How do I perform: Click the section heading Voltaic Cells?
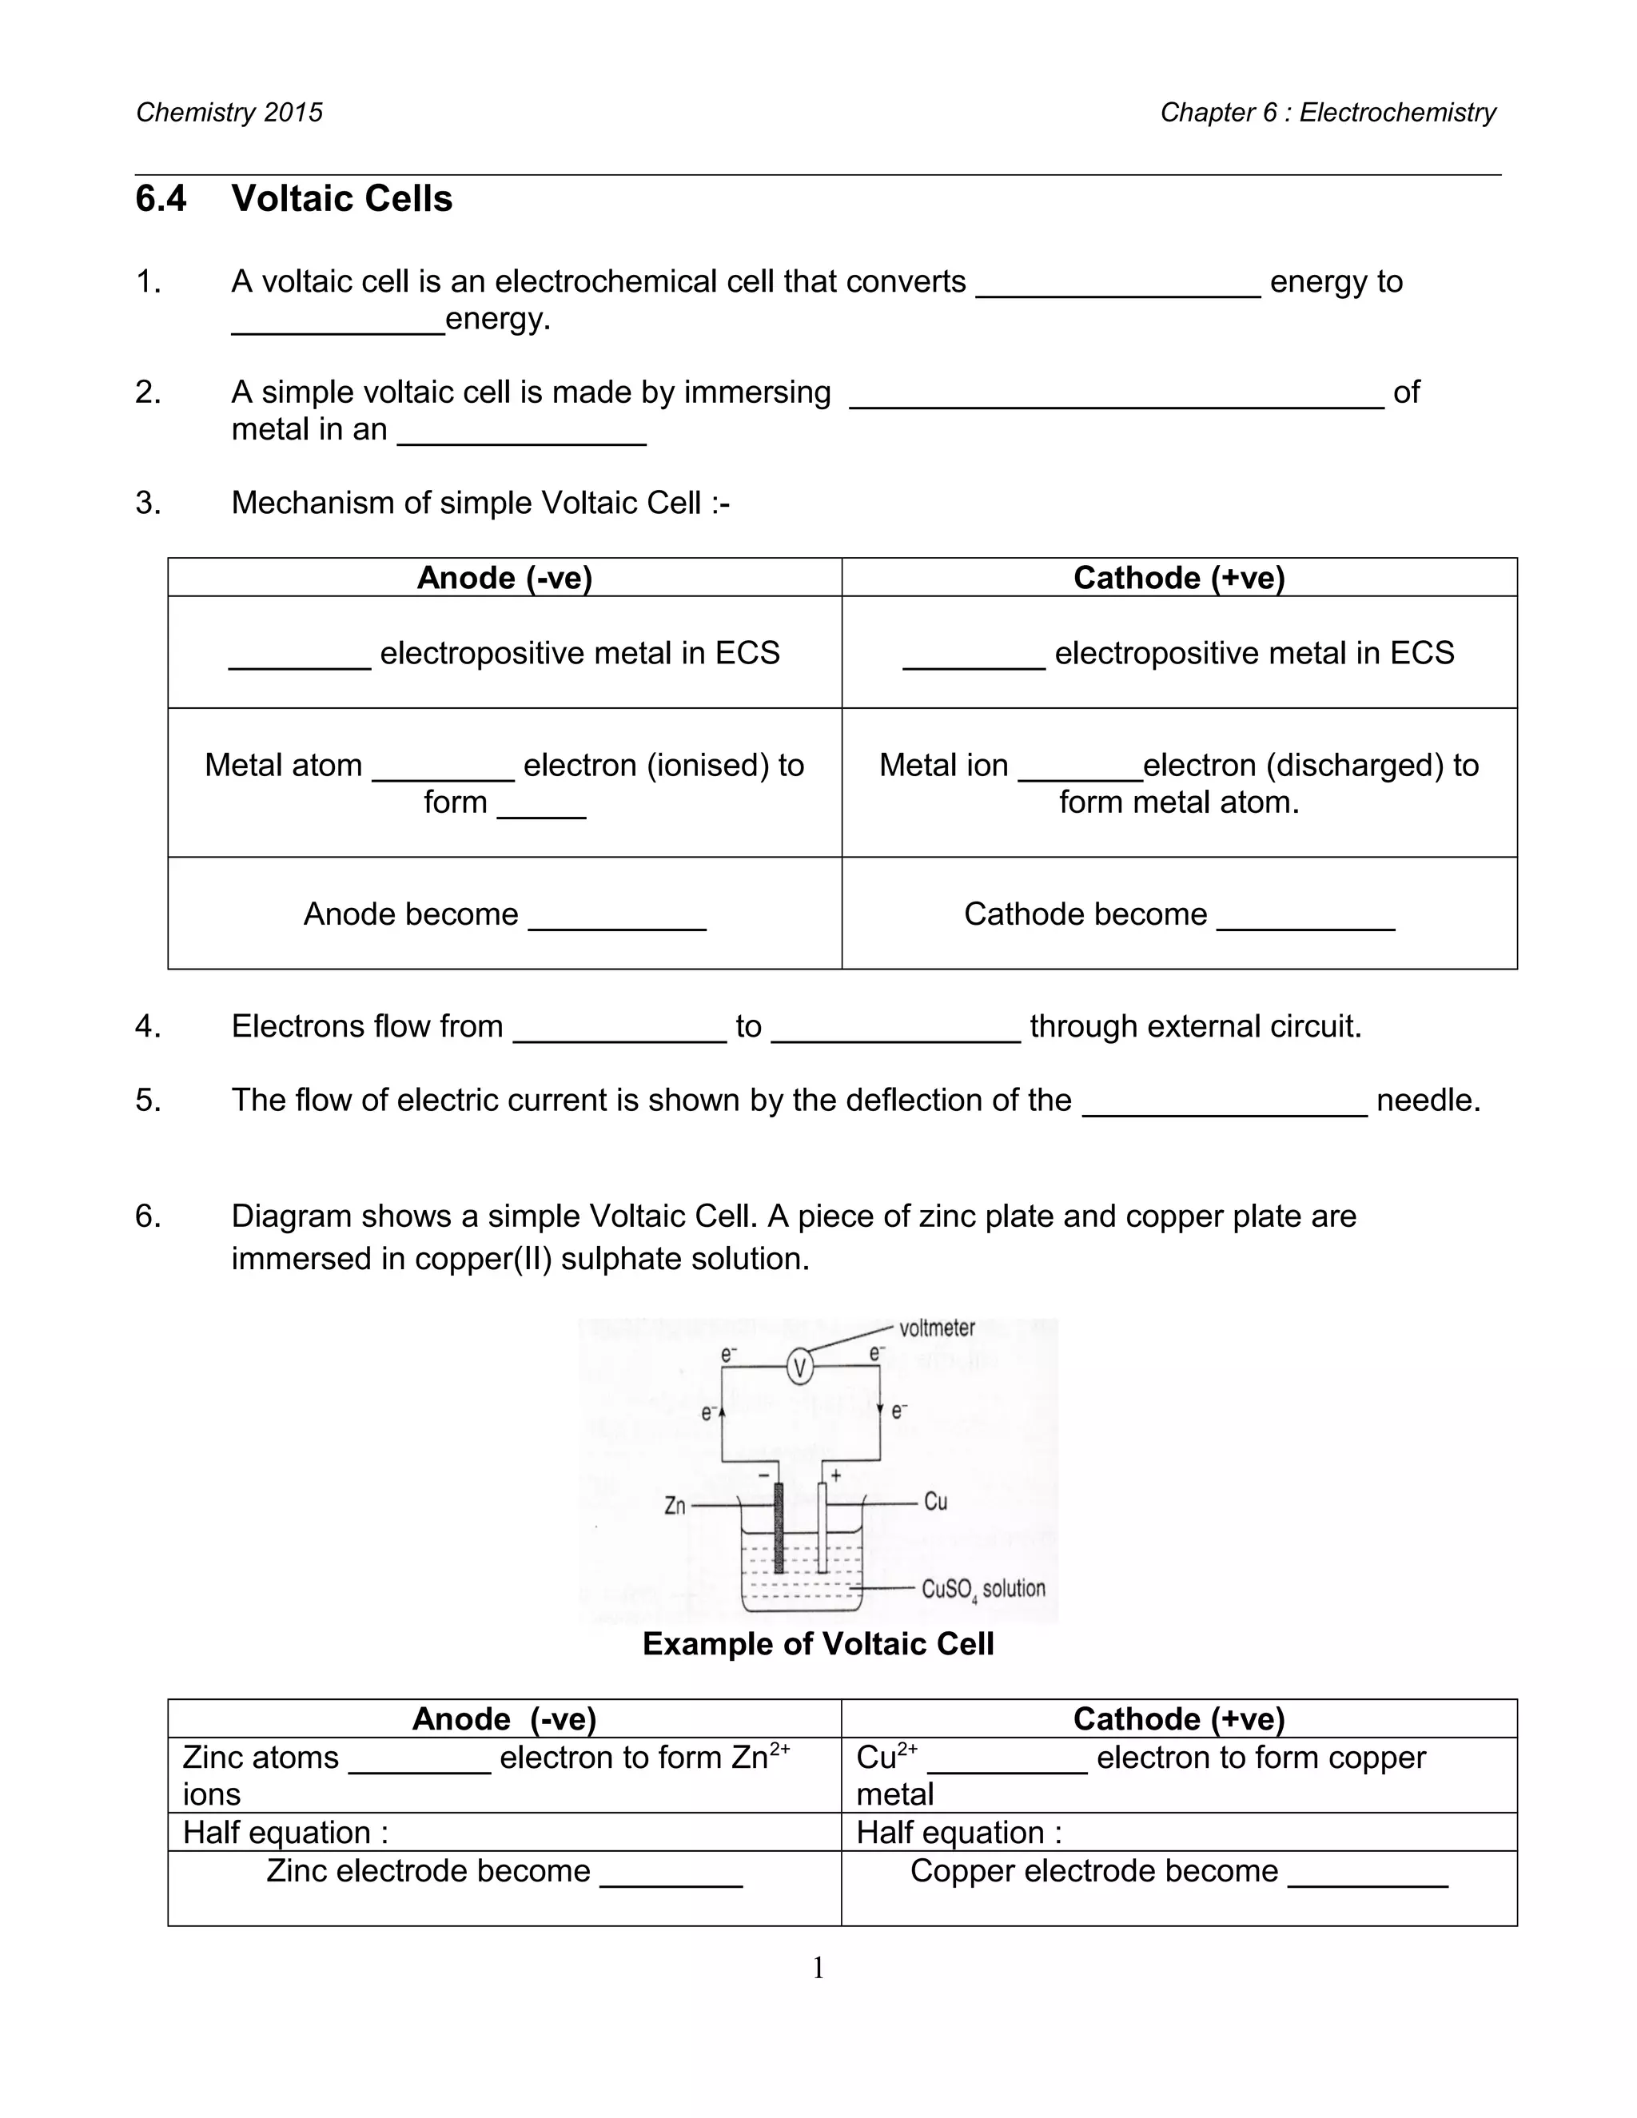click(341, 199)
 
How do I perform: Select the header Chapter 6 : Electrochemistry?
click(1328, 113)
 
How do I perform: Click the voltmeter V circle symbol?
click(799, 1368)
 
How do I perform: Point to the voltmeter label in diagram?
click(937, 1328)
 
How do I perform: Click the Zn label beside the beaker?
click(675, 1506)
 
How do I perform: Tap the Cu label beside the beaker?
click(935, 1503)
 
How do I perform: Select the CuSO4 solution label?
click(982, 1589)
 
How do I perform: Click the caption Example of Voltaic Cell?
click(818, 1644)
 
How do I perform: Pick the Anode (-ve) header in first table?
click(504, 578)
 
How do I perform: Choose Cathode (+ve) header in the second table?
click(1178, 1719)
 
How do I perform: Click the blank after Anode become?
click(617, 917)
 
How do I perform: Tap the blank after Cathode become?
click(1305, 917)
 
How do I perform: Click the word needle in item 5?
click(1428, 1101)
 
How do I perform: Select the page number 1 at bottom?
click(818, 1968)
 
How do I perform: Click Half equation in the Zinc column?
click(285, 1833)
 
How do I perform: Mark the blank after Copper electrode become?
click(1368, 1873)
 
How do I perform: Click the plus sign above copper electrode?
click(836, 1475)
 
